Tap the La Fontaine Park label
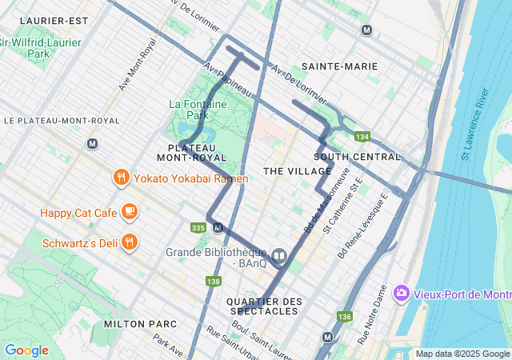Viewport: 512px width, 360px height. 198,110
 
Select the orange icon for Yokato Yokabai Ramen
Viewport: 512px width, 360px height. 122,178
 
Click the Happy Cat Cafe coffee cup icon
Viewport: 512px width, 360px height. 130,212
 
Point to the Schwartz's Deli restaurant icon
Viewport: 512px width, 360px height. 130,242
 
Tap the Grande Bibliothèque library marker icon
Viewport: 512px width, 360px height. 279,256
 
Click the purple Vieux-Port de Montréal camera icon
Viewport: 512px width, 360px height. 401,294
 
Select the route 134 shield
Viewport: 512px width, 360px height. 362,137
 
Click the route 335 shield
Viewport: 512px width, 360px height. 198,228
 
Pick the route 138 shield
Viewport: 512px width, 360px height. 213,281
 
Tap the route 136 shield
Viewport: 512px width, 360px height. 345,317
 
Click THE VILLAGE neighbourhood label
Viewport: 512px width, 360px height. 297,171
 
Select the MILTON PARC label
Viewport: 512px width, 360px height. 134,323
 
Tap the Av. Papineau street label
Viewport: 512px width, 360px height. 228,81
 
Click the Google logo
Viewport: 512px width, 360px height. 26,350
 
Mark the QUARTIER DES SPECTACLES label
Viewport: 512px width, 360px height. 265,306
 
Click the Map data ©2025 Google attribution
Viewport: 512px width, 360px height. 462,354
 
